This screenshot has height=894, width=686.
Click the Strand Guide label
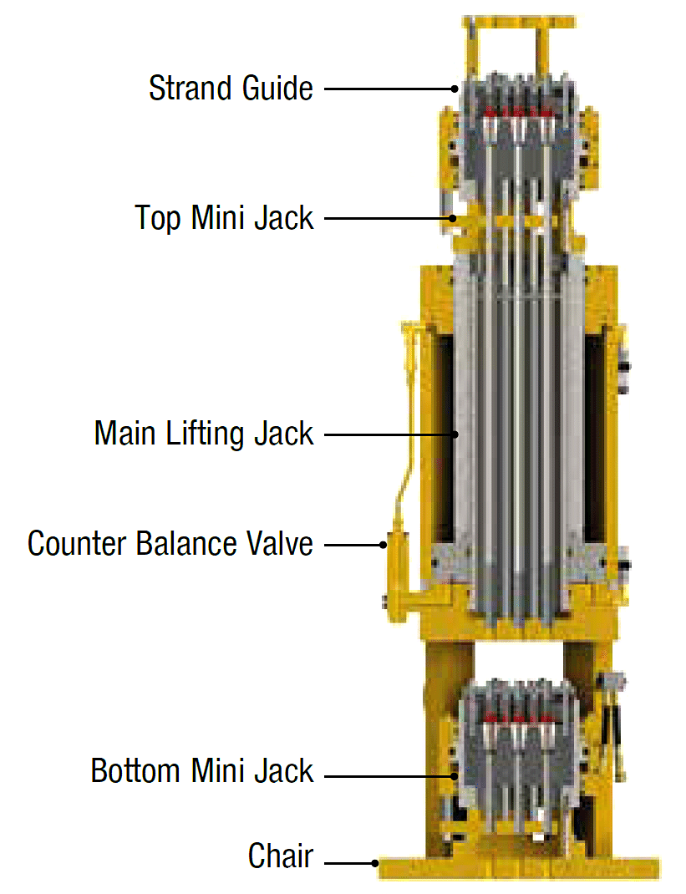[x=231, y=88]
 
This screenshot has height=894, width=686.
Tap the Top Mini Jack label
[x=225, y=218]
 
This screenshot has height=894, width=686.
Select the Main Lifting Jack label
[x=204, y=434]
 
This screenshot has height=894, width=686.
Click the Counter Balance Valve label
[x=170, y=544]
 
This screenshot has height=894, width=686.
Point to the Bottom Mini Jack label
[x=202, y=770]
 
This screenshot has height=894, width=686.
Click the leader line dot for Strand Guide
[x=455, y=88]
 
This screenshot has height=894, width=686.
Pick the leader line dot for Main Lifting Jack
[x=455, y=434]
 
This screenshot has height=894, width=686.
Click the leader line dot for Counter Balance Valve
[x=384, y=545]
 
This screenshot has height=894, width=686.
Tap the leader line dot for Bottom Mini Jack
[x=455, y=777]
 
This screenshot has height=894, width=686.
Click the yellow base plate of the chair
[x=518, y=869]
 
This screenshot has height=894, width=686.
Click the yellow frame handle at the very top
[x=519, y=20]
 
